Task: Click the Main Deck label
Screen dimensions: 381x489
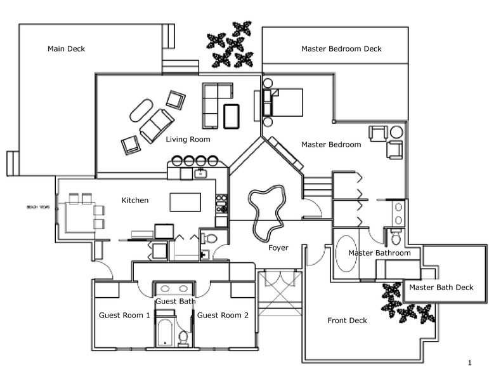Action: pyautogui.click(x=66, y=49)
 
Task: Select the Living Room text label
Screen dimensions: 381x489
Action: pyautogui.click(x=188, y=139)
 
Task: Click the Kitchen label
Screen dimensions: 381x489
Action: pyautogui.click(x=135, y=201)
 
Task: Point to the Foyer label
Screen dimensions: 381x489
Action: pyautogui.click(x=278, y=248)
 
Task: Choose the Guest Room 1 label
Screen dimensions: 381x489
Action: pyautogui.click(x=124, y=315)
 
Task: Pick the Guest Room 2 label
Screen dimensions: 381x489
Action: pyautogui.click(x=221, y=315)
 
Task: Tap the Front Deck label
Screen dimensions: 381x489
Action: pyautogui.click(x=347, y=320)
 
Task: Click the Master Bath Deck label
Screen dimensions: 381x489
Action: pyautogui.click(x=441, y=288)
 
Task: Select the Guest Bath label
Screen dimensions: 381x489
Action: pyautogui.click(x=175, y=301)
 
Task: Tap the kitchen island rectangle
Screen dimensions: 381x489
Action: pyautogui.click(x=185, y=202)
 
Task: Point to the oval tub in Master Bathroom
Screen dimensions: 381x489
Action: pyautogui.click(x=346, y=254)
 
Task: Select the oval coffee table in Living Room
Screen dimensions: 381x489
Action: pyautogui.click(x=141, y=110)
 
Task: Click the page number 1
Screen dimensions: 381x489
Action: pyautogui.click(x=469, y=363)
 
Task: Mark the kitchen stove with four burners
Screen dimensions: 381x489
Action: pyautogui.click(x=222, y=203)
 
